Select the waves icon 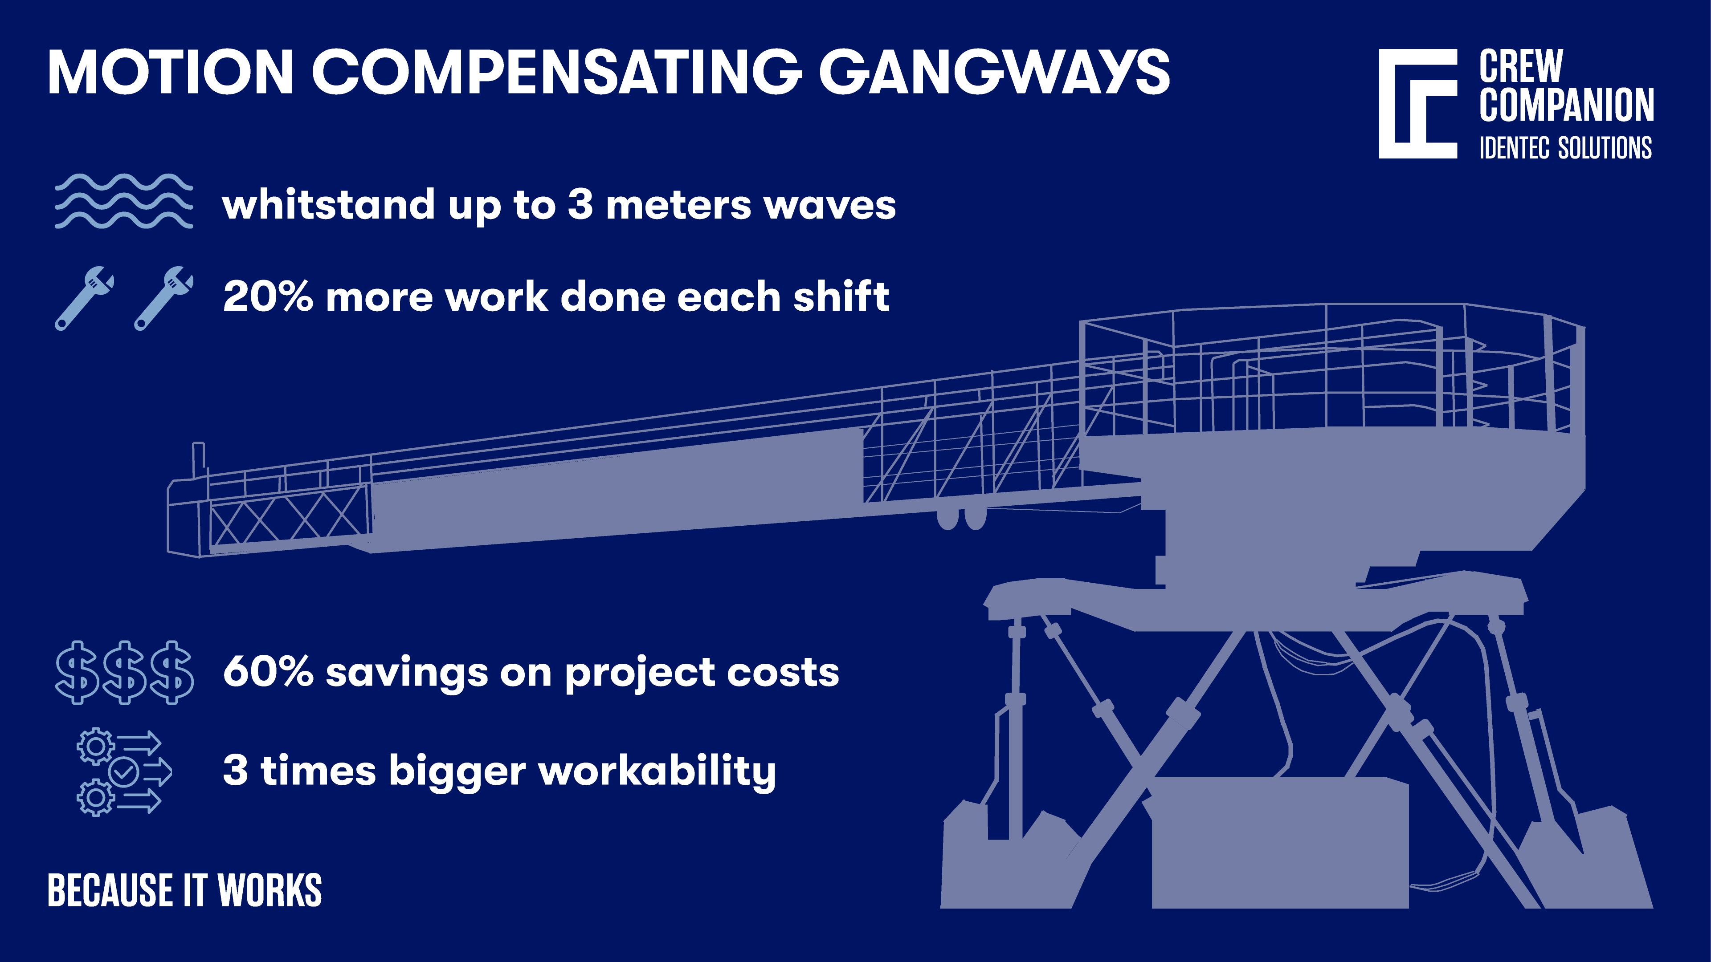123,201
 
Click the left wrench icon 84,298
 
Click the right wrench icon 163,298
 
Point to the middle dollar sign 125,673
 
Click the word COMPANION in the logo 1565,105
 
